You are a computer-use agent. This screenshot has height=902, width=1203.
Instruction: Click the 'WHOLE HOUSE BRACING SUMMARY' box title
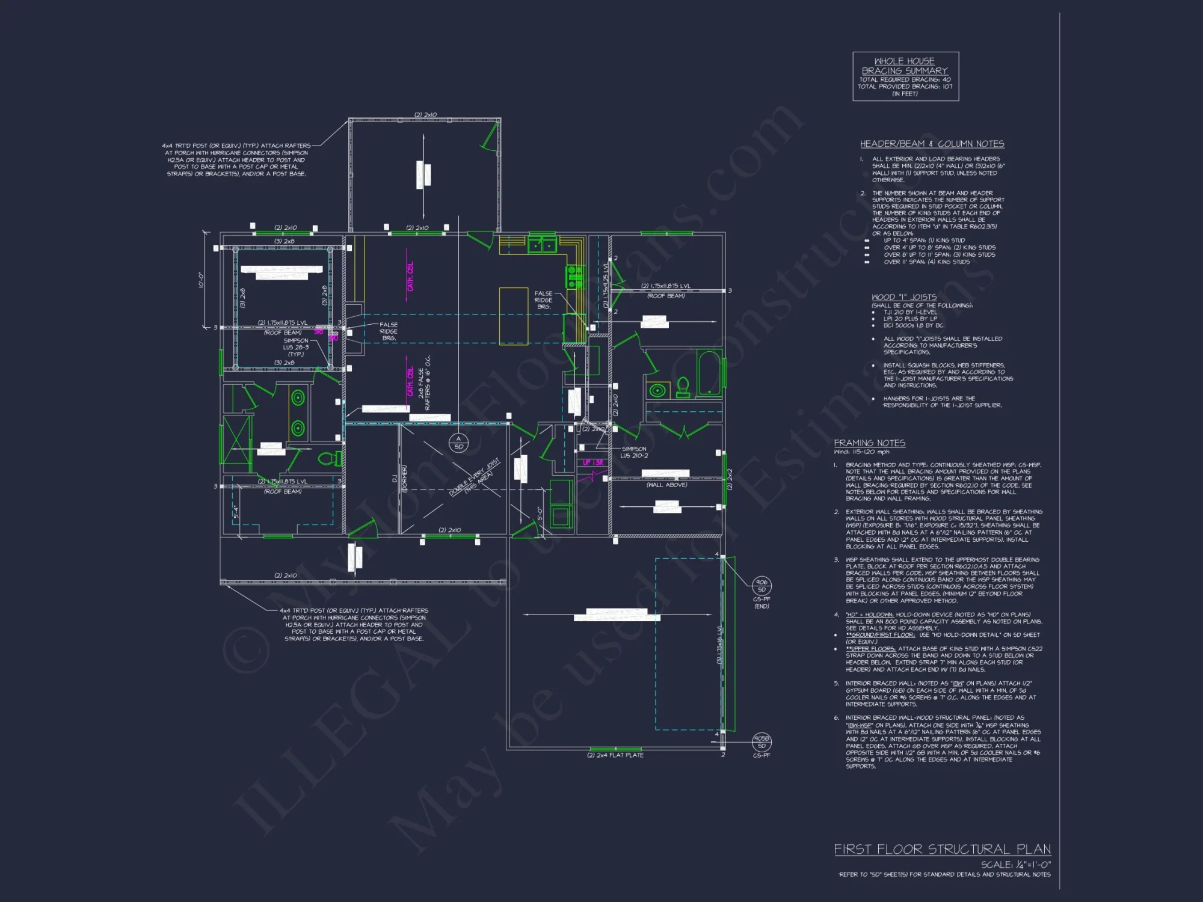(905, 66)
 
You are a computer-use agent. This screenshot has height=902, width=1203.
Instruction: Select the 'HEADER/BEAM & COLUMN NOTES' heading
(932, 144)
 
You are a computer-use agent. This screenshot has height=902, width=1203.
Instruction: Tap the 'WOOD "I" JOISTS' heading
(904, 297)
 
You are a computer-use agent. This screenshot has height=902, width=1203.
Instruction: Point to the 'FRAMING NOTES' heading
(869, 443)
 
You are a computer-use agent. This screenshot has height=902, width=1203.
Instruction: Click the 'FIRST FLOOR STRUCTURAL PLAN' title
(942, 849)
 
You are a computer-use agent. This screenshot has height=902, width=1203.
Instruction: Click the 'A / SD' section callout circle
(458, 443)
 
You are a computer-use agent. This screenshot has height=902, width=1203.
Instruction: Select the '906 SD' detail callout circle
(761, 586)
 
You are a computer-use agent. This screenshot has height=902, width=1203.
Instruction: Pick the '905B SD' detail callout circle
(761, 742)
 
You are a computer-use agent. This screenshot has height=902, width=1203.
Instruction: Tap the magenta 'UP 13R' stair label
(593, 462)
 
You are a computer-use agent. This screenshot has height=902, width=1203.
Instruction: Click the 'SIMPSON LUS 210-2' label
(634, 452)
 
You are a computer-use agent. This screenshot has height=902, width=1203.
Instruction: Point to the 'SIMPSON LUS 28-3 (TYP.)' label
(296, 347)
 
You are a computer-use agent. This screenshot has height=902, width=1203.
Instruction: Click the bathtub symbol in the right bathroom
(709, 373)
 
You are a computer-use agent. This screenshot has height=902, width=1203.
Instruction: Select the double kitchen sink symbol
(542, 245)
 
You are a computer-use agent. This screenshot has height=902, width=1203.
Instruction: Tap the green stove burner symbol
(574, 277)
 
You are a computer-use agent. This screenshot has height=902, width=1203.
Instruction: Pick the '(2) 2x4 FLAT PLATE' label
(615, 755)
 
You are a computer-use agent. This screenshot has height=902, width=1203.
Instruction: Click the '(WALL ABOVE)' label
(666, 485)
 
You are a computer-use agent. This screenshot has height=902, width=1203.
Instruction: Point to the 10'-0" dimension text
(202, 280)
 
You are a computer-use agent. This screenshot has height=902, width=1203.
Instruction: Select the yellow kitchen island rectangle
(514, 316)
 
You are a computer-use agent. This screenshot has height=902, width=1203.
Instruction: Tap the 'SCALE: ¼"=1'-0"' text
(1015, 864)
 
